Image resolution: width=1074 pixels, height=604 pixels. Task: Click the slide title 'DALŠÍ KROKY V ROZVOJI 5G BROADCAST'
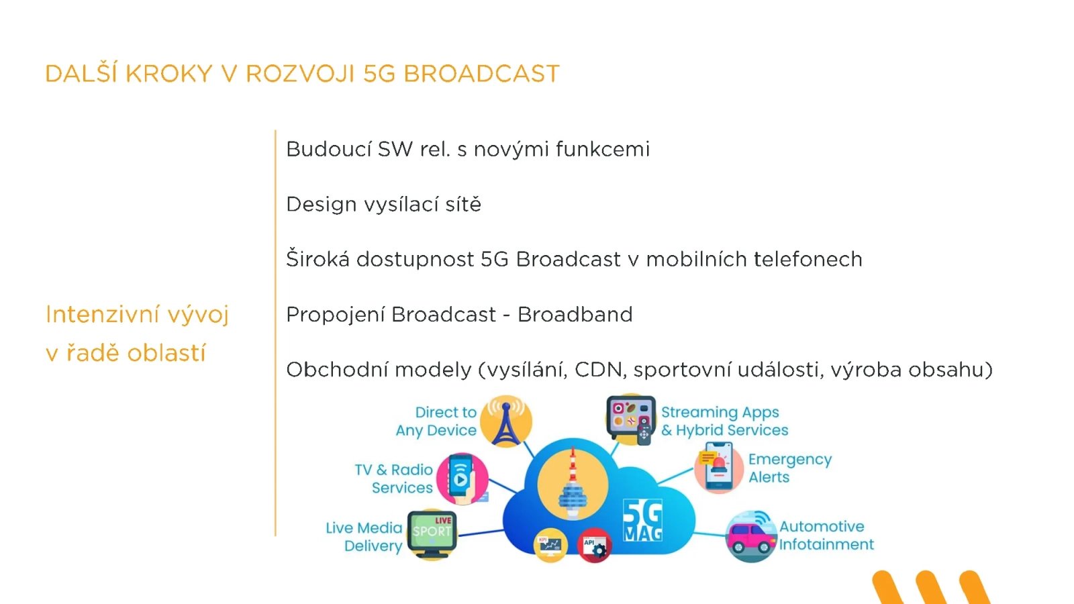point(302,73)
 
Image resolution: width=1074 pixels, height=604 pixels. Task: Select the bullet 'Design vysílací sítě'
point(383,204)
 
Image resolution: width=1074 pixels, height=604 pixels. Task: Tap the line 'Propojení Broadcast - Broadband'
point(459,314)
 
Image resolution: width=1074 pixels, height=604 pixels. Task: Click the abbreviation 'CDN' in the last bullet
point(600,370)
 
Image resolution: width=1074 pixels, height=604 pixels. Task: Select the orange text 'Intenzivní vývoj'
point(137,314)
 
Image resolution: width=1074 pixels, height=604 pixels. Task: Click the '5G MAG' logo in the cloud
point(642,520)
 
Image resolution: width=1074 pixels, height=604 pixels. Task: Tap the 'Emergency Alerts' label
point(789,468)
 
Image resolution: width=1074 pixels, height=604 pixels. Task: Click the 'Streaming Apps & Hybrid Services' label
point(724,421)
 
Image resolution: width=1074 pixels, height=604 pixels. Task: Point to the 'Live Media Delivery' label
point(364,537)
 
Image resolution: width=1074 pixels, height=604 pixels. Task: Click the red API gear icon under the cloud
point(594,546)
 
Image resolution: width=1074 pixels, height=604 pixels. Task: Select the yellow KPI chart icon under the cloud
point(550,545)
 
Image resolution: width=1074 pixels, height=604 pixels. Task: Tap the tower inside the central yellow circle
point(573,485)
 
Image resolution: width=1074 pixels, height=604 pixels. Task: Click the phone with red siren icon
point(718,468)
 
